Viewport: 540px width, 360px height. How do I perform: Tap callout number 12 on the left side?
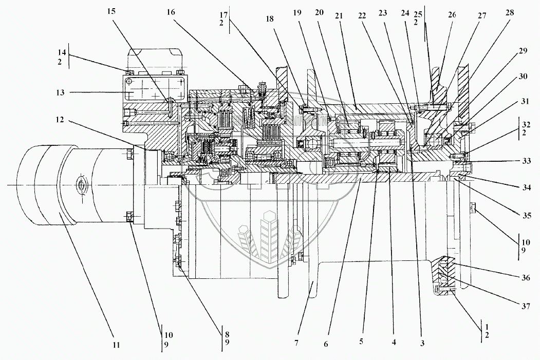(x=61, y=120)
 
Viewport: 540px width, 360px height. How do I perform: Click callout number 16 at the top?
(x=170, y=11)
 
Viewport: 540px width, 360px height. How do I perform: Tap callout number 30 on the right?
(x=523, y=77)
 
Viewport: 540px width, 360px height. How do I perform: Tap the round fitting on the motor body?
(x=81, y=184)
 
